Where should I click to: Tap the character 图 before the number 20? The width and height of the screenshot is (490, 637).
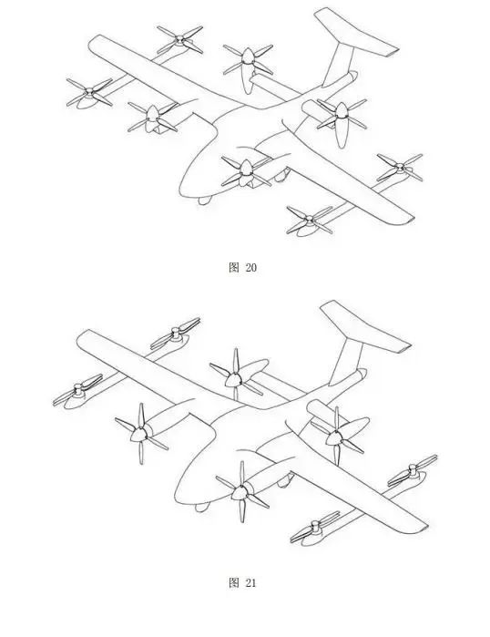coord(234,267)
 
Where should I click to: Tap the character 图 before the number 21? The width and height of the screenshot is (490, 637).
coord(234,583)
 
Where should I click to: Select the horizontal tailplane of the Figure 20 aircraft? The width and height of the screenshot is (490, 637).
coord(355,33)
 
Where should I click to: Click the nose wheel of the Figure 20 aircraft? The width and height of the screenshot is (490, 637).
coord(205,200)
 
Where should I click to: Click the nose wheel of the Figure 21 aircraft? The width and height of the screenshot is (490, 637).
coord(202,507)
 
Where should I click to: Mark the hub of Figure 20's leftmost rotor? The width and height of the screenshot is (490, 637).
coord(89,92)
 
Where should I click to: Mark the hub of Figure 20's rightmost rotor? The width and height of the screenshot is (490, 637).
coord(400,167)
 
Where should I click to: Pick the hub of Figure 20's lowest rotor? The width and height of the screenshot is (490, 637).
coord(310,220)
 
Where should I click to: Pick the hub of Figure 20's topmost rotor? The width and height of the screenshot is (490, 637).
coord(179,38)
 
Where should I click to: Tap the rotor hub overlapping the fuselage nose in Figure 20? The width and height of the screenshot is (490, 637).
coord(246,169)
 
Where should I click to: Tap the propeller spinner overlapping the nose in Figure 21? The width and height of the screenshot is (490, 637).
coord(240,492)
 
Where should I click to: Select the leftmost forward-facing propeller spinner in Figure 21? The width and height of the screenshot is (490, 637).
coord(139,434)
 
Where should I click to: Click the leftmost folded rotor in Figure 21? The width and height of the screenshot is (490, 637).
coord(78,390)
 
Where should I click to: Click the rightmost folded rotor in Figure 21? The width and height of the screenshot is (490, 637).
coord(413,469)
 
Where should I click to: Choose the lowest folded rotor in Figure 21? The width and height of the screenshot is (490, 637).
coord(315,528)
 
